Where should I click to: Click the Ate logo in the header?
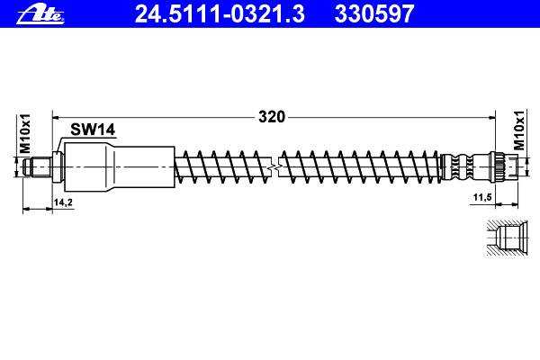(40, 14)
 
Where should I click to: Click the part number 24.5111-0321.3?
(220, 13)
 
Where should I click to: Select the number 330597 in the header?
(373, 13)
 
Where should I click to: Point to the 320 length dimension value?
(272, 117)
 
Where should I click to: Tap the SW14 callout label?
(93, 130)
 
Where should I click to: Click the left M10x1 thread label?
(25, 134)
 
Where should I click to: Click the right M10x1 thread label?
(519, 130)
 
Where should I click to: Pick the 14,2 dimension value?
(63, 202)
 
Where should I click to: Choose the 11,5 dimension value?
(482, 198)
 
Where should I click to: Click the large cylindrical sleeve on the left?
(120, 167)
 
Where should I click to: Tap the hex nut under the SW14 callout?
(58, 166)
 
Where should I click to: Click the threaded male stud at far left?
(37, 167)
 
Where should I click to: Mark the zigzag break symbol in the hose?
(274, 167)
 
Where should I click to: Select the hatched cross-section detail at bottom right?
(507, 238)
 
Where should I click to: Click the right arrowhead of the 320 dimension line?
(490, 117)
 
